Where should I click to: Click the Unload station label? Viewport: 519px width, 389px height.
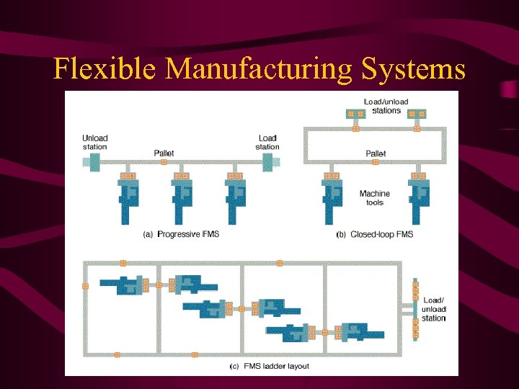[95, 143]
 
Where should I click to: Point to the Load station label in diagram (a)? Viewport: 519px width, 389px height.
[267, 143]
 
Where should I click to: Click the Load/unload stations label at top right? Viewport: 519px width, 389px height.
[386, 106]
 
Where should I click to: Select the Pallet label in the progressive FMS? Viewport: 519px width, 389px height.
[164, 153]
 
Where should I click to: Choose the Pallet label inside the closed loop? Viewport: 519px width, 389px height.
[376, 153]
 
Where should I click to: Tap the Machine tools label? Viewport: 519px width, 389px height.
[375, 198]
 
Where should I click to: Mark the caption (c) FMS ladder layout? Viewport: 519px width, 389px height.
[269, 366]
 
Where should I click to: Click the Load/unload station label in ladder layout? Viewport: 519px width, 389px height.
[434, 309]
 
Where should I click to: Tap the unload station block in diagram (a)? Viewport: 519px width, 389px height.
[90, 164]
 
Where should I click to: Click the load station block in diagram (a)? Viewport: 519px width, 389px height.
[267, 164]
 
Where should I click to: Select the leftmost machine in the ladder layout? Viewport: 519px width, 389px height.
[123, 285]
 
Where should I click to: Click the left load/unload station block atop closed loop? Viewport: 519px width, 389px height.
[355, 114]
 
